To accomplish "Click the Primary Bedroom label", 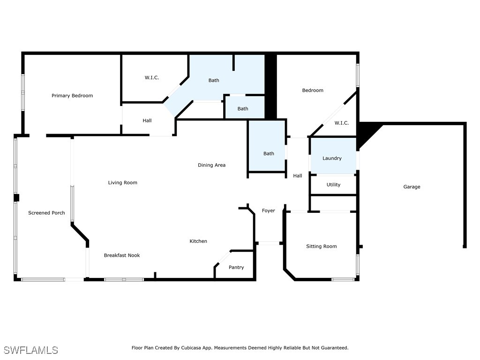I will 72,96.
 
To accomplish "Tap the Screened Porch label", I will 46,213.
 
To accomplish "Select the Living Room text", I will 123,183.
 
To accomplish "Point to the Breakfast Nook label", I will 122,255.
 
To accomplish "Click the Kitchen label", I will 198,241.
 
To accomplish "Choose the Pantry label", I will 236,268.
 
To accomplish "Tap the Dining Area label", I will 211,165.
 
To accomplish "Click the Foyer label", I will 269,211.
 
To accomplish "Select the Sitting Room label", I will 322,247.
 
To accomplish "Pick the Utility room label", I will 334,185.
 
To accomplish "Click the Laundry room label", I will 332,158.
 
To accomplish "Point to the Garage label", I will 412,187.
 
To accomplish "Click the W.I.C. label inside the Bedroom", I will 342,123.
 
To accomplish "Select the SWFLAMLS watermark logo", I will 31,350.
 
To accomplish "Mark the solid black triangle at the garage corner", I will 366,132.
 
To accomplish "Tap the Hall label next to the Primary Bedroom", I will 147,121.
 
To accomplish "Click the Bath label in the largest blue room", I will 214,81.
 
